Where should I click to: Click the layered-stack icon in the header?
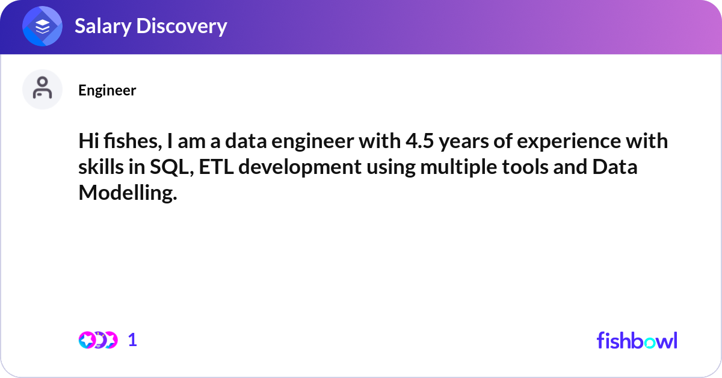42,26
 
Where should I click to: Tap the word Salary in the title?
103,26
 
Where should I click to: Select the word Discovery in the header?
182,26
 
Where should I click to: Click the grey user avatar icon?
42,89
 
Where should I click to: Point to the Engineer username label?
107,90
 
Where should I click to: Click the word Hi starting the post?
88,141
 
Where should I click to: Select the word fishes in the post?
132,141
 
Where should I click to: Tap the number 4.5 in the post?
420,141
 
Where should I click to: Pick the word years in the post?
464,143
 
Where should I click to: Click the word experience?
569,143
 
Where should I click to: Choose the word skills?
101,167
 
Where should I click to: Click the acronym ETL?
216,167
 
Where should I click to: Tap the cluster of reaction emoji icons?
98,340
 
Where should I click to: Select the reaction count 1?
132,340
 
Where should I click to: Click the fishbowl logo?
637,340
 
